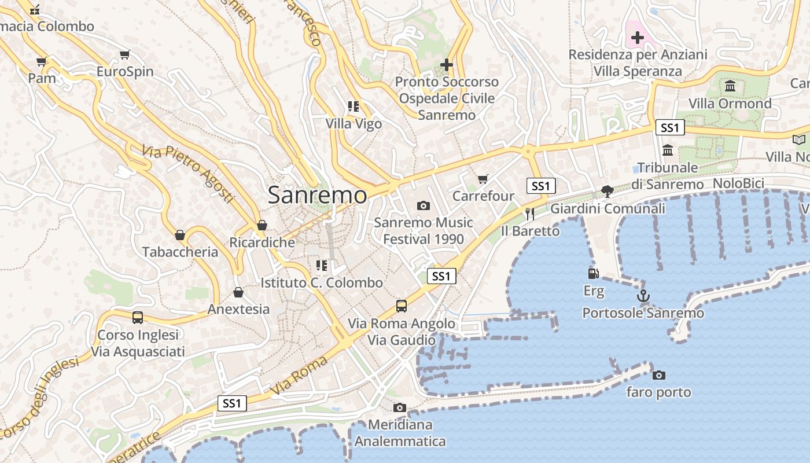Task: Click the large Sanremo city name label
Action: click(x=317, y=195)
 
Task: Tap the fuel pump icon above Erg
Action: click(x=593, y=273)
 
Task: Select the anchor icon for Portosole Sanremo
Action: click(x=643, y=296)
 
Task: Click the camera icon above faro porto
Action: click(x=658, y=375)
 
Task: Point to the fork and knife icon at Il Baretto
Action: click(x=529, y=214)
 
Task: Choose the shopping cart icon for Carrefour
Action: click(x=483, y=179)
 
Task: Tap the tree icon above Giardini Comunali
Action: click(x=607, y=191)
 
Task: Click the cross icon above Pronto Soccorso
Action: click(x=446, y=65)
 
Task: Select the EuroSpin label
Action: click(x=125, y=72)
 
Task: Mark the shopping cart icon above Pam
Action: click(x=41, y=61)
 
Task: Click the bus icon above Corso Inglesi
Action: click(x=137, y=317)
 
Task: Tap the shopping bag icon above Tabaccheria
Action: click(x=180, y=235)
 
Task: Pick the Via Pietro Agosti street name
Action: click(x=189, y=174)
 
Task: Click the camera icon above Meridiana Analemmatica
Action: click(x=399, y=407)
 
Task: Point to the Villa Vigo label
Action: click(x=354, y=124)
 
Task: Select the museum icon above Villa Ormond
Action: click(x=730, y=86)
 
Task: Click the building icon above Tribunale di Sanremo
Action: click(x=668, y=150)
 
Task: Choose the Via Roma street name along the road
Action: click(x=299, y=376)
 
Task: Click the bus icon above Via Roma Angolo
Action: click(x=401, y=306)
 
